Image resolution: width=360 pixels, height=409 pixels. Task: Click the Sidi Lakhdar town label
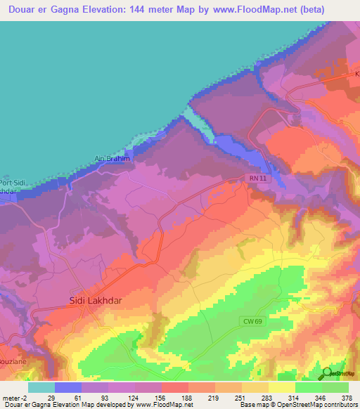[97, 300]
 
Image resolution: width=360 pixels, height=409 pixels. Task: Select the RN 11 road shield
[257, 180]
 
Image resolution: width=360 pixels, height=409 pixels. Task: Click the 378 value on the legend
[347, 397]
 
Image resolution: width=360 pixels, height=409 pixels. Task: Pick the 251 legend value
[241, 397]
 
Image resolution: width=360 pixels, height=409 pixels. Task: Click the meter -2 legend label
[14, 397]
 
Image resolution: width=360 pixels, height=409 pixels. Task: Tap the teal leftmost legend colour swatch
[41, 387]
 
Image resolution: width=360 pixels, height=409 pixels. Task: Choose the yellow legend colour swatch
[282, 387]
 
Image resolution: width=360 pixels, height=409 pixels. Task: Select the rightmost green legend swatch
[335, 387]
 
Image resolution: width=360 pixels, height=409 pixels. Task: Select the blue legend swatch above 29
[68, 387]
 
